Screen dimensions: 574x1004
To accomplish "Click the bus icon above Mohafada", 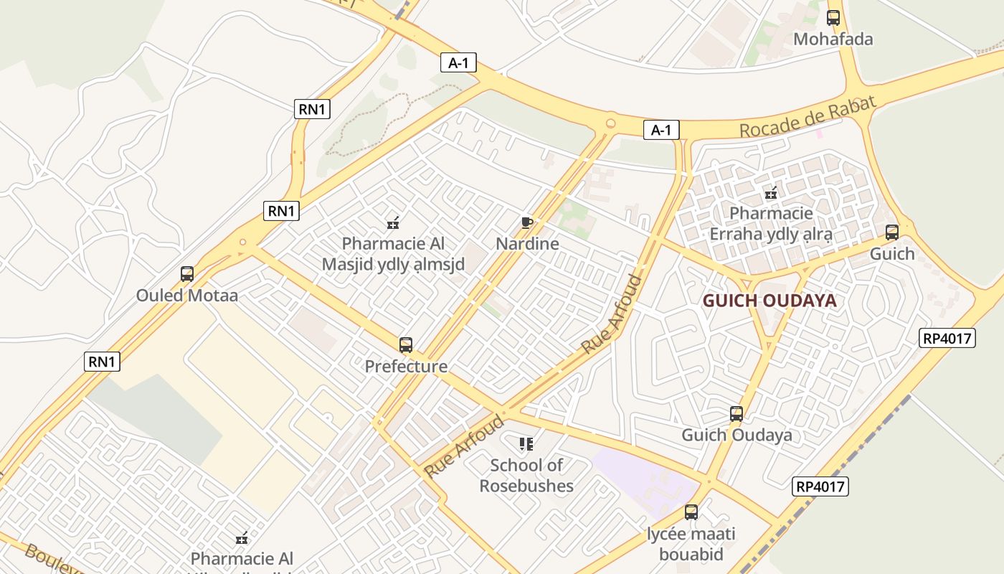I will click(833, 18).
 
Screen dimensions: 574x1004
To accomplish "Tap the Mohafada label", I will click(833, 39).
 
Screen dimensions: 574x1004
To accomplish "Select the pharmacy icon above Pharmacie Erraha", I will click(771, 192).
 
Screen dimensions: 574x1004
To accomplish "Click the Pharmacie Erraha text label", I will click(771, 224).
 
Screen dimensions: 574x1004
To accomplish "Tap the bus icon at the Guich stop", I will click(892, 232).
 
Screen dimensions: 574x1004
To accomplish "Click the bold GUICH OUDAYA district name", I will click(769, 301).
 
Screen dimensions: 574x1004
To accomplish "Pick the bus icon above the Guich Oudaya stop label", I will click(737, 414).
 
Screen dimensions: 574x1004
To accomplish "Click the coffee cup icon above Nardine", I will click(527, 222).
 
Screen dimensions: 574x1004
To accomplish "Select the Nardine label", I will click(527, 244).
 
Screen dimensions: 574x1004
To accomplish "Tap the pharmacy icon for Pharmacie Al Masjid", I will click(393, 222).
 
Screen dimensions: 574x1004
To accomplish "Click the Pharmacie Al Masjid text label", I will click(393, 254).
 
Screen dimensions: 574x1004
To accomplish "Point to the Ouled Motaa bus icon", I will click(187, 274).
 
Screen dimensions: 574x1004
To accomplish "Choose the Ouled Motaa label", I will click(187, 296).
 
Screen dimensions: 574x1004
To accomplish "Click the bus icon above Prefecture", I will click(406, 345).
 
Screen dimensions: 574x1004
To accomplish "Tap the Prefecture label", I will click(406, 367).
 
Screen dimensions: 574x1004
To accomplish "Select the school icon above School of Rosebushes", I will click(527, 444).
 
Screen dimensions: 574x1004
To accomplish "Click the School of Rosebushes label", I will click(527, 476).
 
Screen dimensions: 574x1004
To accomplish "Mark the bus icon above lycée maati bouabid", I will click(691, 512).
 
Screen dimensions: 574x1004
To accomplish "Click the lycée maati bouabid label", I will click(691, 544).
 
